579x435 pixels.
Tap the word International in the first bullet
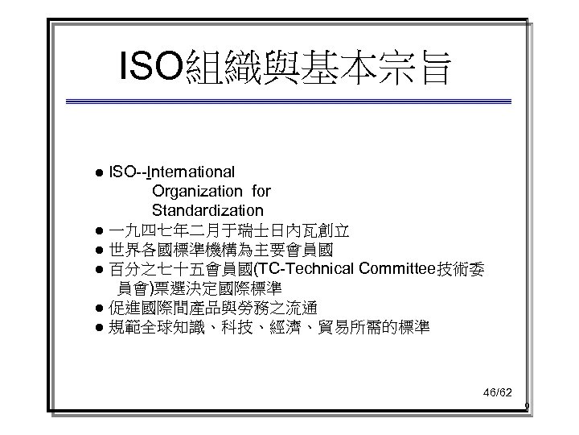pos(192,172)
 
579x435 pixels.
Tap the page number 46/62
pos(496,392)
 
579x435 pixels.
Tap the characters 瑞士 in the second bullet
pos(253,230)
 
